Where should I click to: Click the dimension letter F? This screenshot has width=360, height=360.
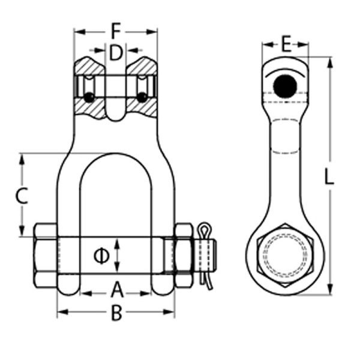click(116, 29)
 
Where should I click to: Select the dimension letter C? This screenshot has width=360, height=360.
click(22, 196)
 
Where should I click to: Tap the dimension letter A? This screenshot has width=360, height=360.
click(117, 291)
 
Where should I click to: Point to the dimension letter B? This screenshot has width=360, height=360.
click(117, 313)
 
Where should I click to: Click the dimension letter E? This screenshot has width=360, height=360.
click(286, 44)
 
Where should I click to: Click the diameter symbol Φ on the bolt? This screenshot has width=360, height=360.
click(101, 256)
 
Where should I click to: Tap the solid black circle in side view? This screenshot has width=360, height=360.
click(285, 88)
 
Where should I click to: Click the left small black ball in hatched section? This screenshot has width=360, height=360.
click(89, 97)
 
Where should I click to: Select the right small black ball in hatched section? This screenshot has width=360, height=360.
click(142, 97)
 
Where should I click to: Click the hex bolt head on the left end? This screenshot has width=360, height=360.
click(46, 256)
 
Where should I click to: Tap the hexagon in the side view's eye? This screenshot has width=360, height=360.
click(285, 257)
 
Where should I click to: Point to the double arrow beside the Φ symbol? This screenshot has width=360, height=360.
click(118, 256)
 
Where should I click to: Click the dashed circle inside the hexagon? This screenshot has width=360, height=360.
click(285, 257)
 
